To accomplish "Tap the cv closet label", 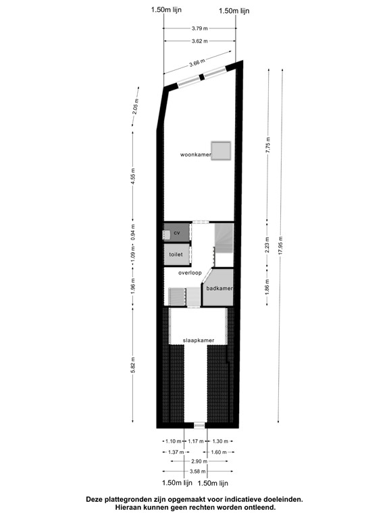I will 177,233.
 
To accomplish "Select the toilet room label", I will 176,254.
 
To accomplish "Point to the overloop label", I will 190,273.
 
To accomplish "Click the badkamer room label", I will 219,289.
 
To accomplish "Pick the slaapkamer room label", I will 199,341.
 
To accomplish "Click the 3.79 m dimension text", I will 200,28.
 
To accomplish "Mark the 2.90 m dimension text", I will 199,461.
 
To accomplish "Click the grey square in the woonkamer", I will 222,151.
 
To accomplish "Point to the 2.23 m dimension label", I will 268,247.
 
